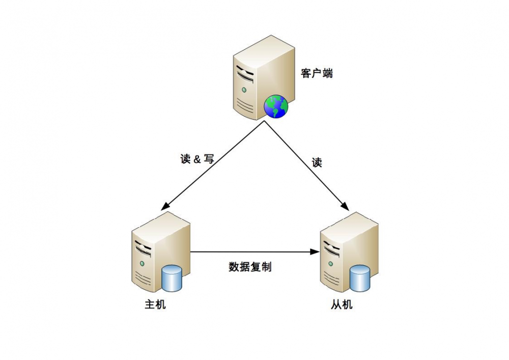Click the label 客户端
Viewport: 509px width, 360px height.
(x=317, y=73)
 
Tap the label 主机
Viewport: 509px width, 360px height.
(x=155, y=304)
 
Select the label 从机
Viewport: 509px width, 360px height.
(x=342, y=304)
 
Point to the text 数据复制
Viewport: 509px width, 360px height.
(x=250, y=267)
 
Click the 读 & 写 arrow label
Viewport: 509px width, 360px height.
(x=197, y=159)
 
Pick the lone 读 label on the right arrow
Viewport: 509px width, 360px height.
(x=317, y=162)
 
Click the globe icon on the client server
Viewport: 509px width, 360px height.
(x=276, y=106)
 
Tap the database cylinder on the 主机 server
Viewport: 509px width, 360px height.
(x=172, y=278)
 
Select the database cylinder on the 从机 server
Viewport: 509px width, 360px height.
(x=360, y=278)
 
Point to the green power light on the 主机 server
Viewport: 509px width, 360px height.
(x=142, y=263)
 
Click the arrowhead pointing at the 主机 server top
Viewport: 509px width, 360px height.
(x=164, y=206)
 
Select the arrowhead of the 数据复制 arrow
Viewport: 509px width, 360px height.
(x=315, y=252)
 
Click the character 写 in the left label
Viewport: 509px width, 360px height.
(x=209, y=159)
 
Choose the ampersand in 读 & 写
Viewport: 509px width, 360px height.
(x=197, y=159)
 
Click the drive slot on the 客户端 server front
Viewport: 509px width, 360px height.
(x=245, y=74)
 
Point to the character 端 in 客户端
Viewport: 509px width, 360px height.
(x=327, y=73)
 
